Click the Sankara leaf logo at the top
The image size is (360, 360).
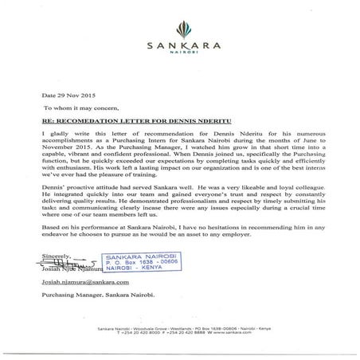[x=180, y=24]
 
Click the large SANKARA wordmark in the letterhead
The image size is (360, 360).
[x=180, y=46]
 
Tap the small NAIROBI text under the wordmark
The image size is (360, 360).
[x=180, y=56]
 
